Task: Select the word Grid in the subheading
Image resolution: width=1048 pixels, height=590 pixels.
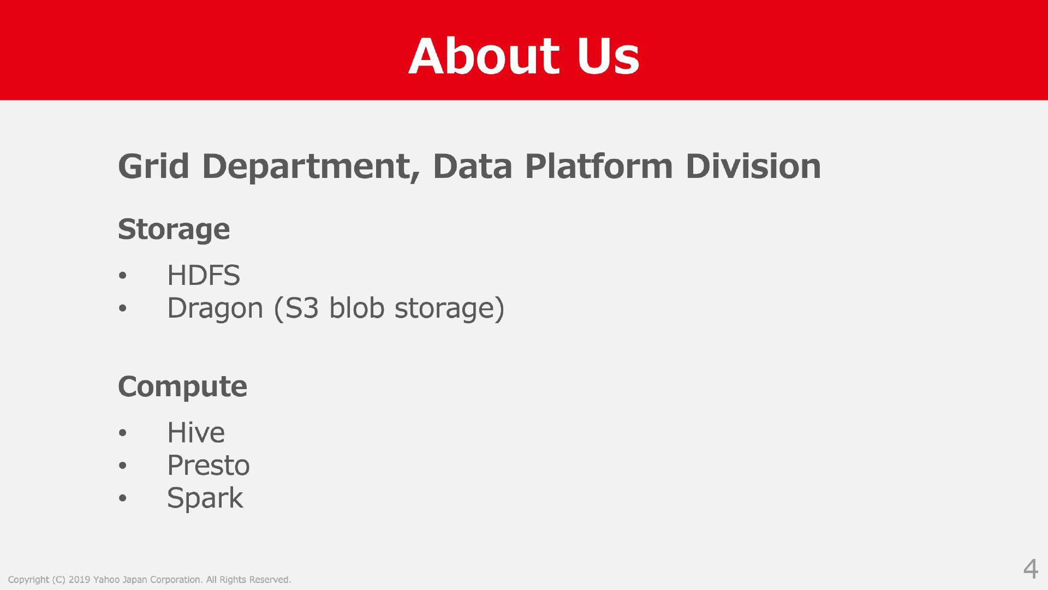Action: pyautogui.click(x=154, y=166)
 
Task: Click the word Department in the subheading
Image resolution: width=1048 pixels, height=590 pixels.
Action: pyautogui.click(x=311, y=166)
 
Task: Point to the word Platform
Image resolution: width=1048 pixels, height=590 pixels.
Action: pyautogui.click(x=599, y=166)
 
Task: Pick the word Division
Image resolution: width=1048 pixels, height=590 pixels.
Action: pyautogui.click(x=753, y=166)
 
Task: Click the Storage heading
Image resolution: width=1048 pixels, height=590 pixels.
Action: pyautogui.click(x=174, y=229)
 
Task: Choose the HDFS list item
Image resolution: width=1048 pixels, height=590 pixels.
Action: pyautogui.click(x=204, y=275)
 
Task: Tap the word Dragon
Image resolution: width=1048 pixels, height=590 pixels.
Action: pyautogui.click(x=215, y=308)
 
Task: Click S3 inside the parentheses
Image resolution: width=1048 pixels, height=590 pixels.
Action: pyautogui.click(x=302, y=308)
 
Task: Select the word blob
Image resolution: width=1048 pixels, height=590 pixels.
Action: pyautogui.click(x=357, y=308)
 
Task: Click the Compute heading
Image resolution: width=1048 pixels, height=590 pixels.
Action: pyautogui.click(x=183, y=387)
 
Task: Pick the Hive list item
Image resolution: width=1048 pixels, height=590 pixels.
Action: pyautogui.click(x=196, y=432)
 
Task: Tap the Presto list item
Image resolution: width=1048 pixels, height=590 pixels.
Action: pyautogui.click(x=209, y=466)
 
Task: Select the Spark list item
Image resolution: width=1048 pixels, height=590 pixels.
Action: pyautogui.click(x=205, y=498)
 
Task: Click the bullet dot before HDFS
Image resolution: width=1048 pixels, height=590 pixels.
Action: pyautogui.click(x=122, y=276)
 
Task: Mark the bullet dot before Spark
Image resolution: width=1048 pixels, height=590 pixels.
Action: pyautogui.click(x=122, y=498)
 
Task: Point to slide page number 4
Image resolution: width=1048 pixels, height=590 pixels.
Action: pyautogui.click(x=1031, y=569)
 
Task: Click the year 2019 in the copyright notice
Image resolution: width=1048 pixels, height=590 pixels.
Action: pyautogui.click(x=79, y=580)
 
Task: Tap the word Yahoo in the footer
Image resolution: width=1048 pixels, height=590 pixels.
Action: pyautogui.click(x=106, y=580)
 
